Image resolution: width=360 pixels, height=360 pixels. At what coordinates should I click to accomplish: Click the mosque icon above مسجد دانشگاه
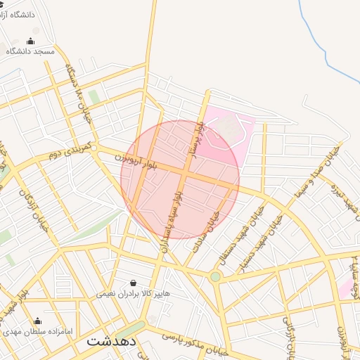point(30,40)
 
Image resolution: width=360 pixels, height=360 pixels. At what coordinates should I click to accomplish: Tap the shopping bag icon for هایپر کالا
point(133,283)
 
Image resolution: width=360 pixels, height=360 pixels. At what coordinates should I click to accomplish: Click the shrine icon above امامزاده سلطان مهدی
point(37,321)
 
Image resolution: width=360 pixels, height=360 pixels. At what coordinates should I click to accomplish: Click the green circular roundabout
point(215,277)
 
